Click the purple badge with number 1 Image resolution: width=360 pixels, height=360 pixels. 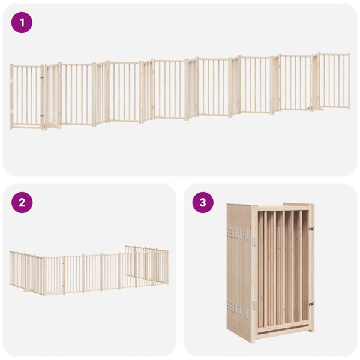(22, 23)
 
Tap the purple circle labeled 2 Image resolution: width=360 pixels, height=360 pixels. (22, 202)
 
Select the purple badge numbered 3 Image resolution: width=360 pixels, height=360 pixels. (203, 202)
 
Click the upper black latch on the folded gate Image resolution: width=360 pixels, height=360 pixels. (311, 229)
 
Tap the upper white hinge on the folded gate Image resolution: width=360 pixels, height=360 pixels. (254, 241)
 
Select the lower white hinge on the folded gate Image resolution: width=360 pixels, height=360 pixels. (254, 305)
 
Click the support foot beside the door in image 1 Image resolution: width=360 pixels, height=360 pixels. (52, 125)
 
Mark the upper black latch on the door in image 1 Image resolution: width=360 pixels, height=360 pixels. (41, 77)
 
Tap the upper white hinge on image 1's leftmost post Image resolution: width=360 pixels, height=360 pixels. (11, 80)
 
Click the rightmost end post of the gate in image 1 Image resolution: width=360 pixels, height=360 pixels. (349, 80)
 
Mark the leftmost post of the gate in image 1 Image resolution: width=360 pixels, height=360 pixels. (11, 96)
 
